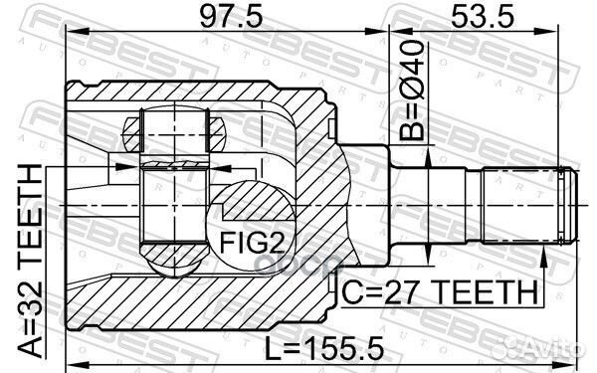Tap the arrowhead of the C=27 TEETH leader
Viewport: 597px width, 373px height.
click(543, 255)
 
